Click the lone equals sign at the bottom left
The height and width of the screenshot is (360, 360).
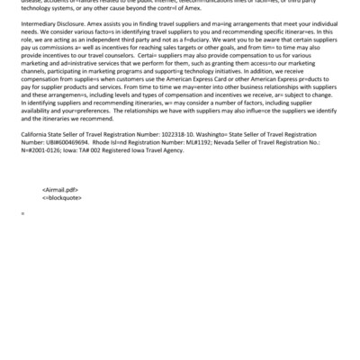22,237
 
